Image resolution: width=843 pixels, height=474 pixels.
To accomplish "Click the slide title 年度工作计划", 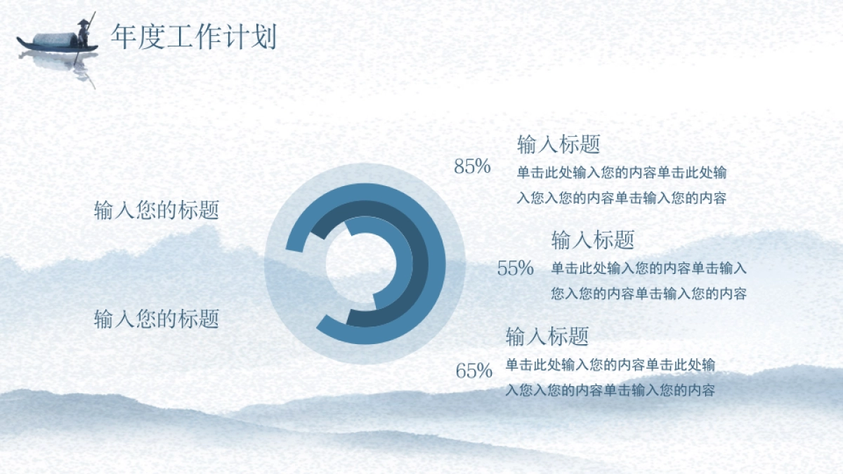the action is click(194, 37).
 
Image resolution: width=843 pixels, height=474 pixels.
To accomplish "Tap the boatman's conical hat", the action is click(84, 22).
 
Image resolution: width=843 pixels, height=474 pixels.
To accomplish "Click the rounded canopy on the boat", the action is click(55, 40).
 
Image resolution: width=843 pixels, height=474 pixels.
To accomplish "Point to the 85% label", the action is click(472, 166).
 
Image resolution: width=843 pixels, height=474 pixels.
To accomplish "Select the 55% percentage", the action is click(515, 268).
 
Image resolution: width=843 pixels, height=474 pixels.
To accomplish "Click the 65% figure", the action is click(473, 371).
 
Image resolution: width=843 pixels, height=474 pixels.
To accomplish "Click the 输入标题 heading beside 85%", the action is click(558, 144).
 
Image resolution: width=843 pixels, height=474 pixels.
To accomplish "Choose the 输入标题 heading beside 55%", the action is click(593, 240).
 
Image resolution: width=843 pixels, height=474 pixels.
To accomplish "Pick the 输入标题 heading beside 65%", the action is click(547, 336).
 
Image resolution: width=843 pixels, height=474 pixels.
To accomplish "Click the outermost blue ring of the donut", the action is click(437, 263).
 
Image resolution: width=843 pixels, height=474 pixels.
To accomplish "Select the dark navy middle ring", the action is click(420, 263).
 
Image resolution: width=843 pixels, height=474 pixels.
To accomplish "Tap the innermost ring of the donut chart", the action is click(405, 263).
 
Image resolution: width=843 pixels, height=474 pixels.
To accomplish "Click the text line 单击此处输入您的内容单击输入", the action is click(649, 268).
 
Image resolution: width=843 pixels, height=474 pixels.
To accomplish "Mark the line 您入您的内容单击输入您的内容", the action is click(649, 294).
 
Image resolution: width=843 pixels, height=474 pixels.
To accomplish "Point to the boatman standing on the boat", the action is click(83, 34).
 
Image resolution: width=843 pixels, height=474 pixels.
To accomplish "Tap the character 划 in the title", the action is click(264, 37).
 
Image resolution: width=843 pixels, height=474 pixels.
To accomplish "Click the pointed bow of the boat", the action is click(18, 39).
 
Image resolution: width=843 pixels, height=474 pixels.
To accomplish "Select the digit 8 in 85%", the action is click(459, 166).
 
